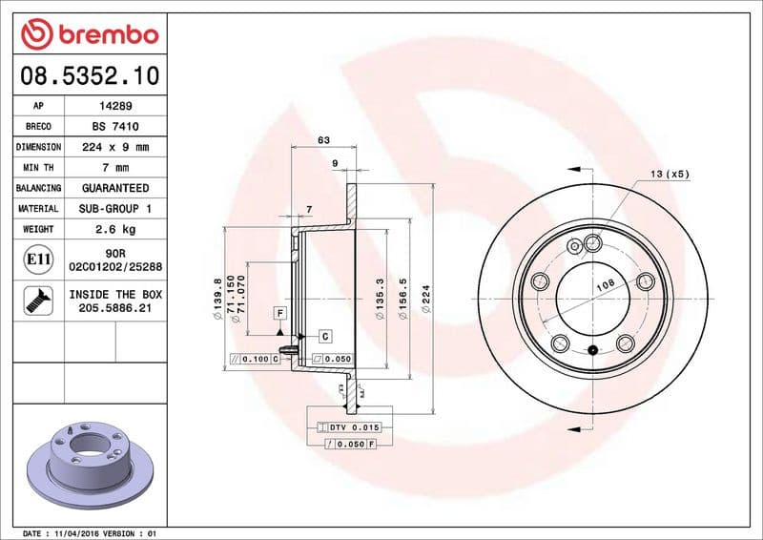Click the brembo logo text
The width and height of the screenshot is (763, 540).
(x=104, y=35)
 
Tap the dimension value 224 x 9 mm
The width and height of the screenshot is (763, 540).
(x=114, y=148)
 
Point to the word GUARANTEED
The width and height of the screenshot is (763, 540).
(x=114, y=188)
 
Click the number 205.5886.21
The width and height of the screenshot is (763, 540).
(x=114, y=308)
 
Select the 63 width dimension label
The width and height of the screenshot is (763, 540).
(x=323, y=140)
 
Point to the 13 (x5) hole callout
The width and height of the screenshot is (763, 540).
(x=670, y=174)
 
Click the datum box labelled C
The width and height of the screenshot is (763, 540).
(x=324, y=336)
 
